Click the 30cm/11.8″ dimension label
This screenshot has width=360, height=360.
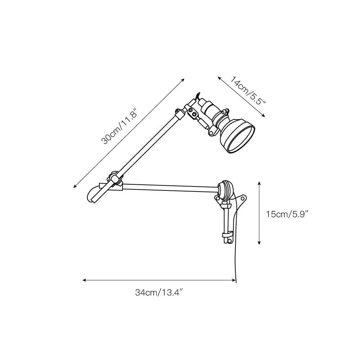pos(119,128)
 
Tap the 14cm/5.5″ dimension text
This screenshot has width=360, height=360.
pos(248,90)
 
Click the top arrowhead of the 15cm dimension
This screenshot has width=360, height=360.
pos(259,183)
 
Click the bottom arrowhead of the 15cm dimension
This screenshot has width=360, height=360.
pos(259,243)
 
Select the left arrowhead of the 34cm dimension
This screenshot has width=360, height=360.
pos(84,280)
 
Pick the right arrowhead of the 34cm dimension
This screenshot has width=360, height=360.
pos(234,280)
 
